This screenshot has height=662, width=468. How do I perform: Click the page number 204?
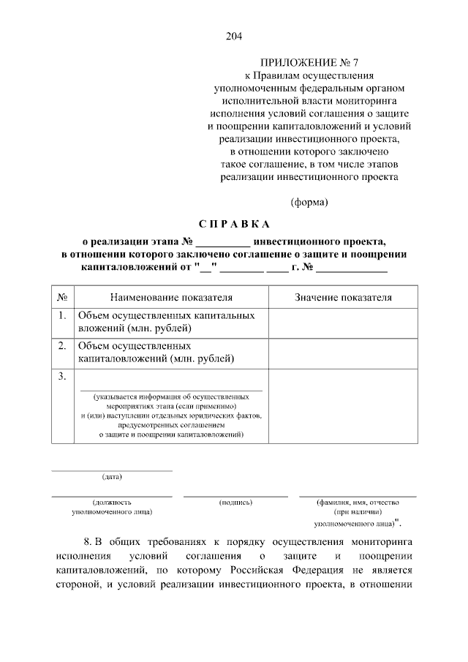234,37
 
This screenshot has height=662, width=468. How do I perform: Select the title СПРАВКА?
234,223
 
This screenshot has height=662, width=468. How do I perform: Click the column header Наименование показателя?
171,298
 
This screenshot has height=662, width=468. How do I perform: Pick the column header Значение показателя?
343,298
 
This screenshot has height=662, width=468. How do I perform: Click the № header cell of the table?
62,298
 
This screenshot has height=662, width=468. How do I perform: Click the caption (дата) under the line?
112,478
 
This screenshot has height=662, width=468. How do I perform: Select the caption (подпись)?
235,503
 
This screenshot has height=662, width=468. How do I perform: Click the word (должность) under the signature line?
112,503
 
